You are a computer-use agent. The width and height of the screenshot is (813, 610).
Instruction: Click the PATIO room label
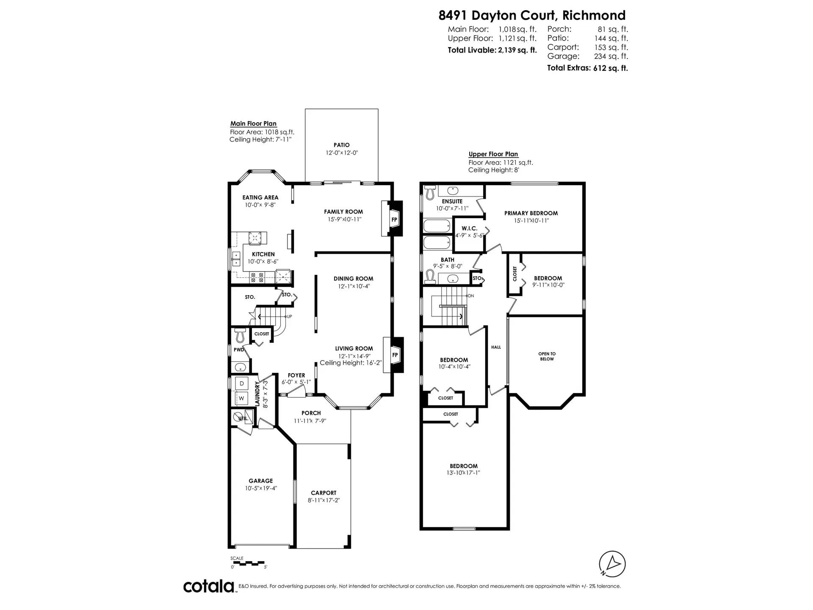pos(341,145)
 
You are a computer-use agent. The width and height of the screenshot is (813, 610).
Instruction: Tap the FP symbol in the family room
pos(394,219)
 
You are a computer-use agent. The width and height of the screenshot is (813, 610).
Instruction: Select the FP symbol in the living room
pos(395,355)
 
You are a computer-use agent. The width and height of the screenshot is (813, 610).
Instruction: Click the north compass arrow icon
pos(612,564)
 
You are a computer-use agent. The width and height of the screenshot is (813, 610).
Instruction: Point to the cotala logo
pos(209,586)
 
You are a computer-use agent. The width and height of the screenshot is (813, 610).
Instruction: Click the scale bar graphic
pos(249,563)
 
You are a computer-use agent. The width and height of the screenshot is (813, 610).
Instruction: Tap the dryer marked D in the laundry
pos(242,383)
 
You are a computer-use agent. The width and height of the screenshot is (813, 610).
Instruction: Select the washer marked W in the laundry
pos(241,398)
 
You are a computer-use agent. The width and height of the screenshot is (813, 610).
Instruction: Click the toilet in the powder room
pos(241,335)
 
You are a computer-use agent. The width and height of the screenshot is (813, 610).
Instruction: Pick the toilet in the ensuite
pos(430,192)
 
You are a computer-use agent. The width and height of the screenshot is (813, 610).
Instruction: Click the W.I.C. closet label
pos(469,228)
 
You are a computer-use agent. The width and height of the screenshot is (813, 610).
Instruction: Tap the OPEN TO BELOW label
pos(547,356)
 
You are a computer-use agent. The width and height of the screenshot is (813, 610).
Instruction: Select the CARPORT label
pos(324,493)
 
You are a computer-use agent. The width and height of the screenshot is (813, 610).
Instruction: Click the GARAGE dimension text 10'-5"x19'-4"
pos(261,488)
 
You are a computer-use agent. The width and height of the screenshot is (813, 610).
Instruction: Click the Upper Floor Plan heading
pos(493,154)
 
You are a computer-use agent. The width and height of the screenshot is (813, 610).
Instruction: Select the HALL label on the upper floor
pos(496,347)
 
